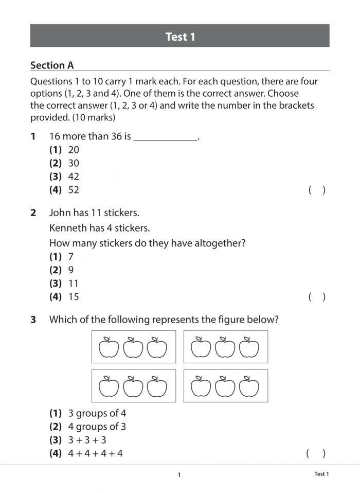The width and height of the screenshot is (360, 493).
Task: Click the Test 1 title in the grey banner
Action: pyautogui.click(x=180, y=37)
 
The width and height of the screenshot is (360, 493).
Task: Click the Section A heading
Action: pyautogui.click(x=52, y=65)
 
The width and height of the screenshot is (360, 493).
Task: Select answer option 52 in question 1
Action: pyautogui.click(x=73, y=190)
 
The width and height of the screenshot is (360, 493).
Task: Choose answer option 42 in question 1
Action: pyautogui.click(x=73, y=177)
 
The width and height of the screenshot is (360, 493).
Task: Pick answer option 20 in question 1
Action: pyautogui.click(x=73, y=150)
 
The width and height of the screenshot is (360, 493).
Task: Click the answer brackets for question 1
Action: pyautogui.click(x=317, y=190)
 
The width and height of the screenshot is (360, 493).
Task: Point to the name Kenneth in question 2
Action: pyautogui.click(x=66, y=228)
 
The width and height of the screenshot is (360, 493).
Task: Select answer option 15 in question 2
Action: pyautogui.click(x=73, y=296)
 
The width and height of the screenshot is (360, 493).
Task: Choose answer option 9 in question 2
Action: pyautogui.click(x=71, y=270)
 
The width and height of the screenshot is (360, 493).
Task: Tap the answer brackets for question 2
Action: pyautogui.click(x=317, y=296)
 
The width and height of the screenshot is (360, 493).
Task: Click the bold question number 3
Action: pyautogui.click(x=33, y=320)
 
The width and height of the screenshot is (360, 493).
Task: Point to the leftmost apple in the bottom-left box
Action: pyautogui.click(x=109, y=386)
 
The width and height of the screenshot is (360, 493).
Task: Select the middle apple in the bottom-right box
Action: pyautogui.click(x=225, y=386)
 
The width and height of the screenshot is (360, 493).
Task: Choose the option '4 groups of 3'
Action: pyautogui.click(x=97, y=427)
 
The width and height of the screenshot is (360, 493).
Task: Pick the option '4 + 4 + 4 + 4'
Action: pyautogui.click(x=95, y=453)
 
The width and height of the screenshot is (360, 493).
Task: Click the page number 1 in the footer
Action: pyautogui.click(x=179, y=475)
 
